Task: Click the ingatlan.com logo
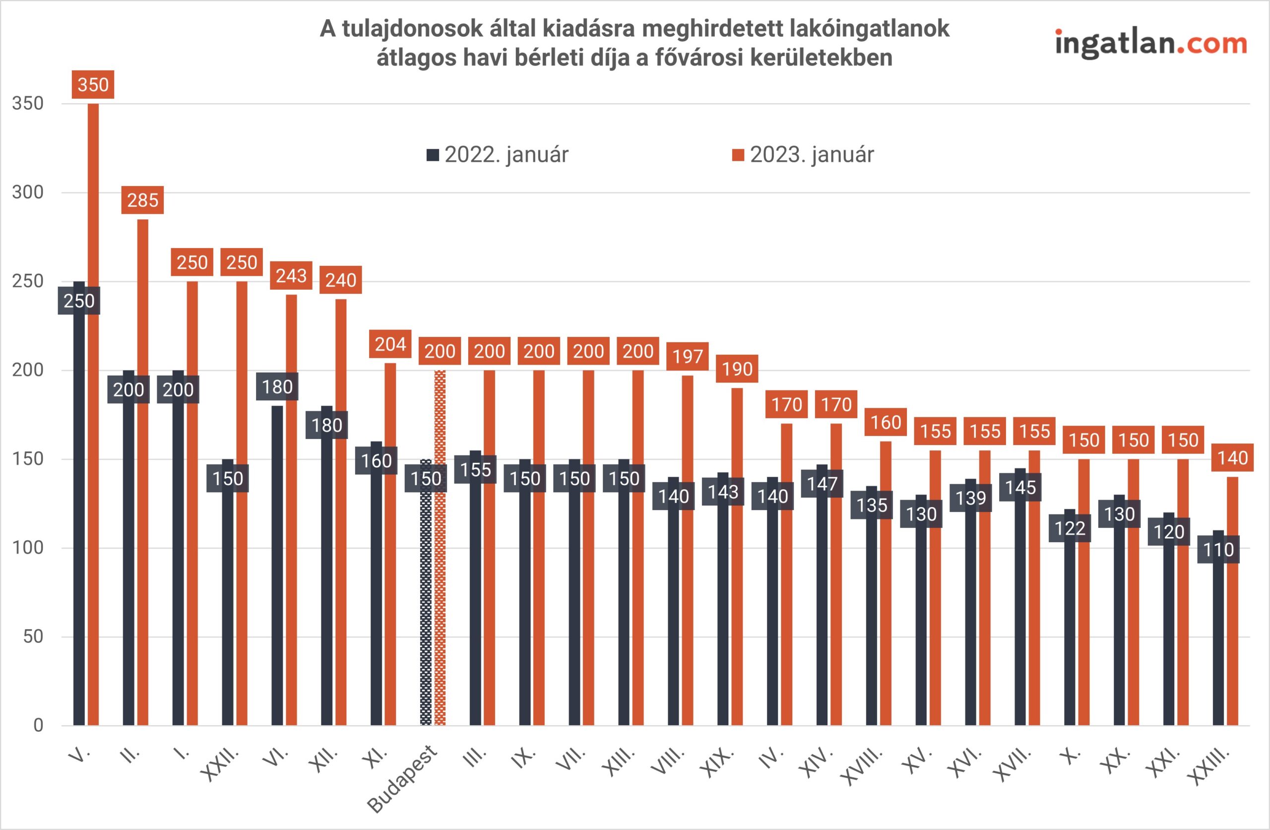(x=1150, y=44)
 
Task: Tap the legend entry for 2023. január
(x=803, y=155)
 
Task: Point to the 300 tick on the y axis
(x=28, y=192)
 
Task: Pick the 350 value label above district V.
(x=93, y=85)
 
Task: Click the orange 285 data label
(x=142, y=200)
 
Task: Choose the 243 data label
(x=291, y=275)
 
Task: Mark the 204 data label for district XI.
(x=390, y=344)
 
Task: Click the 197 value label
(x=687, y=357)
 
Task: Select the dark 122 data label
(x=1070, y=528)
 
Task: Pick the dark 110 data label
(x=1218, y=550)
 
